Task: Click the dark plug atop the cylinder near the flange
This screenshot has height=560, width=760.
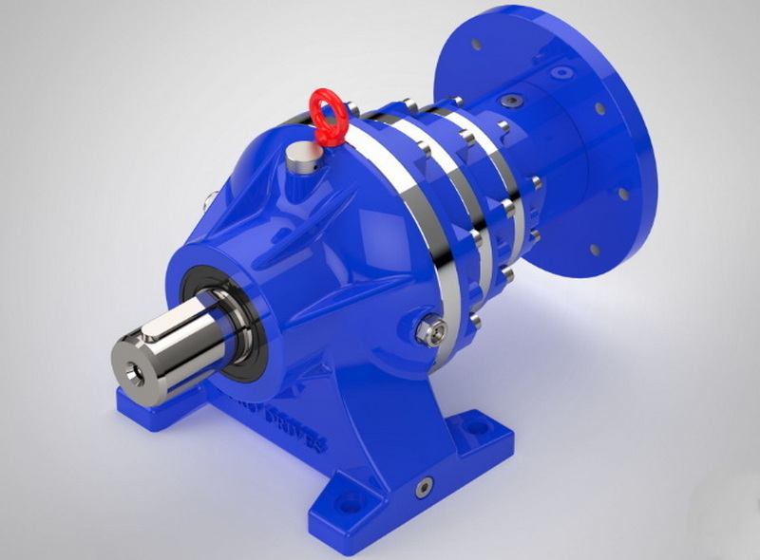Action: click(x=514, y=99)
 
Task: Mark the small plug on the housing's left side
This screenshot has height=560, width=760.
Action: click(x=207, y=199)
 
